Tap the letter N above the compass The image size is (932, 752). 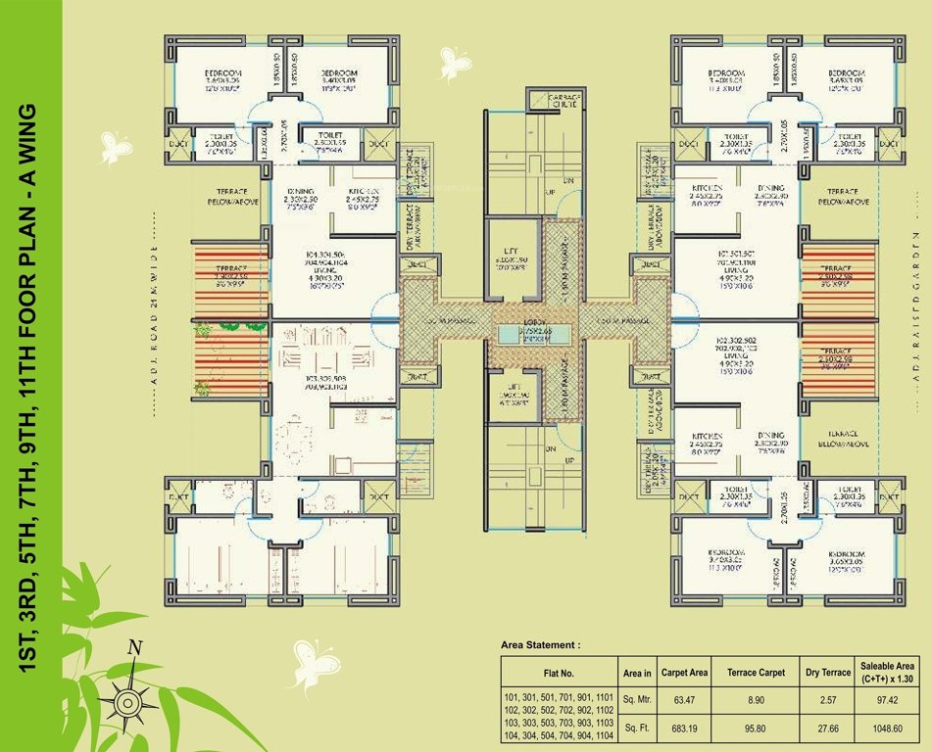click(x=135, y=647)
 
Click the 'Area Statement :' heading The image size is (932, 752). click(x=540, y=645)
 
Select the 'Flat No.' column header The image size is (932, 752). click(x=559, y=673)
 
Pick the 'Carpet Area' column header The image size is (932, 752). click(x=684, y=673)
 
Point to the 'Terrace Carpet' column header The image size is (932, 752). click(x=756, y=673)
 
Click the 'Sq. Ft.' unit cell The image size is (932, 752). click(x=637, y=729)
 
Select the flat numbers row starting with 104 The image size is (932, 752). click(x=559, y=735)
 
